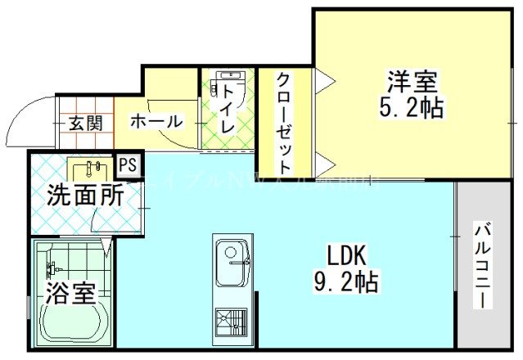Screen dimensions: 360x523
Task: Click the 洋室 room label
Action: [x=413, y=83]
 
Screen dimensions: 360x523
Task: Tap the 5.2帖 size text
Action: [x=414, y=107]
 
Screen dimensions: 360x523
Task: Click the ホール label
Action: [x=156, y=121]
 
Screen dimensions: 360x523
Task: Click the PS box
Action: [x=128, y=164]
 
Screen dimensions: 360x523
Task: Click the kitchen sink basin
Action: [x=232, y=254]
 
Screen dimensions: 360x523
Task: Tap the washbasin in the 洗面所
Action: [x=90, y=170]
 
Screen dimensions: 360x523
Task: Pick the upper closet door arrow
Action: [x=322, y=79]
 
